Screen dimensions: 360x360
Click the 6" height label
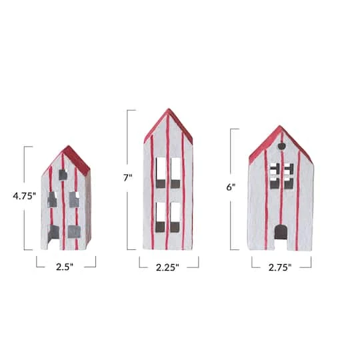pos(231,187)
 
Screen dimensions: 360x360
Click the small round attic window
pos(281,144)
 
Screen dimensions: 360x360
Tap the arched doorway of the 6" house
pos(281,233)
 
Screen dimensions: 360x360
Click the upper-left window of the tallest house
pos(161,172)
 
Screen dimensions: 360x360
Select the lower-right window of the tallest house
pos(175,217)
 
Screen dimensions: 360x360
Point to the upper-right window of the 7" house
pos(175,172)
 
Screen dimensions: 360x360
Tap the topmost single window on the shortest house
pos(62,175)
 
